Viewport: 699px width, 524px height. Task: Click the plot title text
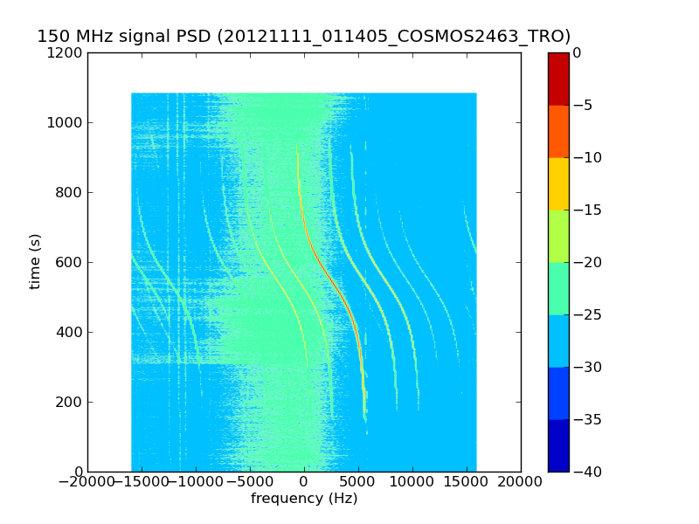303,36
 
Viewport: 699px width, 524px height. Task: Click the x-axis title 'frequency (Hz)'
304,498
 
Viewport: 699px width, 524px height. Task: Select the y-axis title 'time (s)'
35,262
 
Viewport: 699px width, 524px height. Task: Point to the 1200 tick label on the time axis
65,53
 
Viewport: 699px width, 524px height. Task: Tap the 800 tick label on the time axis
69,192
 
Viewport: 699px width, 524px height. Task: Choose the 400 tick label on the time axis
69,332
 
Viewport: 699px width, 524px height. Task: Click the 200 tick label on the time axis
69,402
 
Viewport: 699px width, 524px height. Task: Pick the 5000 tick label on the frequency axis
358,482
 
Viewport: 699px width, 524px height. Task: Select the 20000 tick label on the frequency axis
520,482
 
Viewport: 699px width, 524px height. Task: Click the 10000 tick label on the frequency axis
412,482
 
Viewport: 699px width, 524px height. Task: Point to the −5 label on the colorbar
583,105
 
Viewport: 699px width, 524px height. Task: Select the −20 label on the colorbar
587,263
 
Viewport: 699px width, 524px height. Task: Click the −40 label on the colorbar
587,472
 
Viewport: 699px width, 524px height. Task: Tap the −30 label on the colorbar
587,367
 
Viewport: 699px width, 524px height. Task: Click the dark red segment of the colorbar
558,79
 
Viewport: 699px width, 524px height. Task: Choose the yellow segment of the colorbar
558,184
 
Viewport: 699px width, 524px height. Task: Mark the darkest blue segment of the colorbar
558,445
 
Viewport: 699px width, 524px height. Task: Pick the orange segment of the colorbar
558,132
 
